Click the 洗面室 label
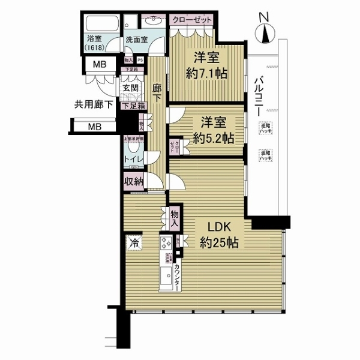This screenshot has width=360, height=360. point(136,41)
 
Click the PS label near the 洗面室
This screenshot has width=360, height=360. point(140,60)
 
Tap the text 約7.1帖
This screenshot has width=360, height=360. point(206,74)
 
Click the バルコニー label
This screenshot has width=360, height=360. point(257,96)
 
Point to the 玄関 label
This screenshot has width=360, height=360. point(131,88)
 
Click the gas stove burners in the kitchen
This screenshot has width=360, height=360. point(166,245)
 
